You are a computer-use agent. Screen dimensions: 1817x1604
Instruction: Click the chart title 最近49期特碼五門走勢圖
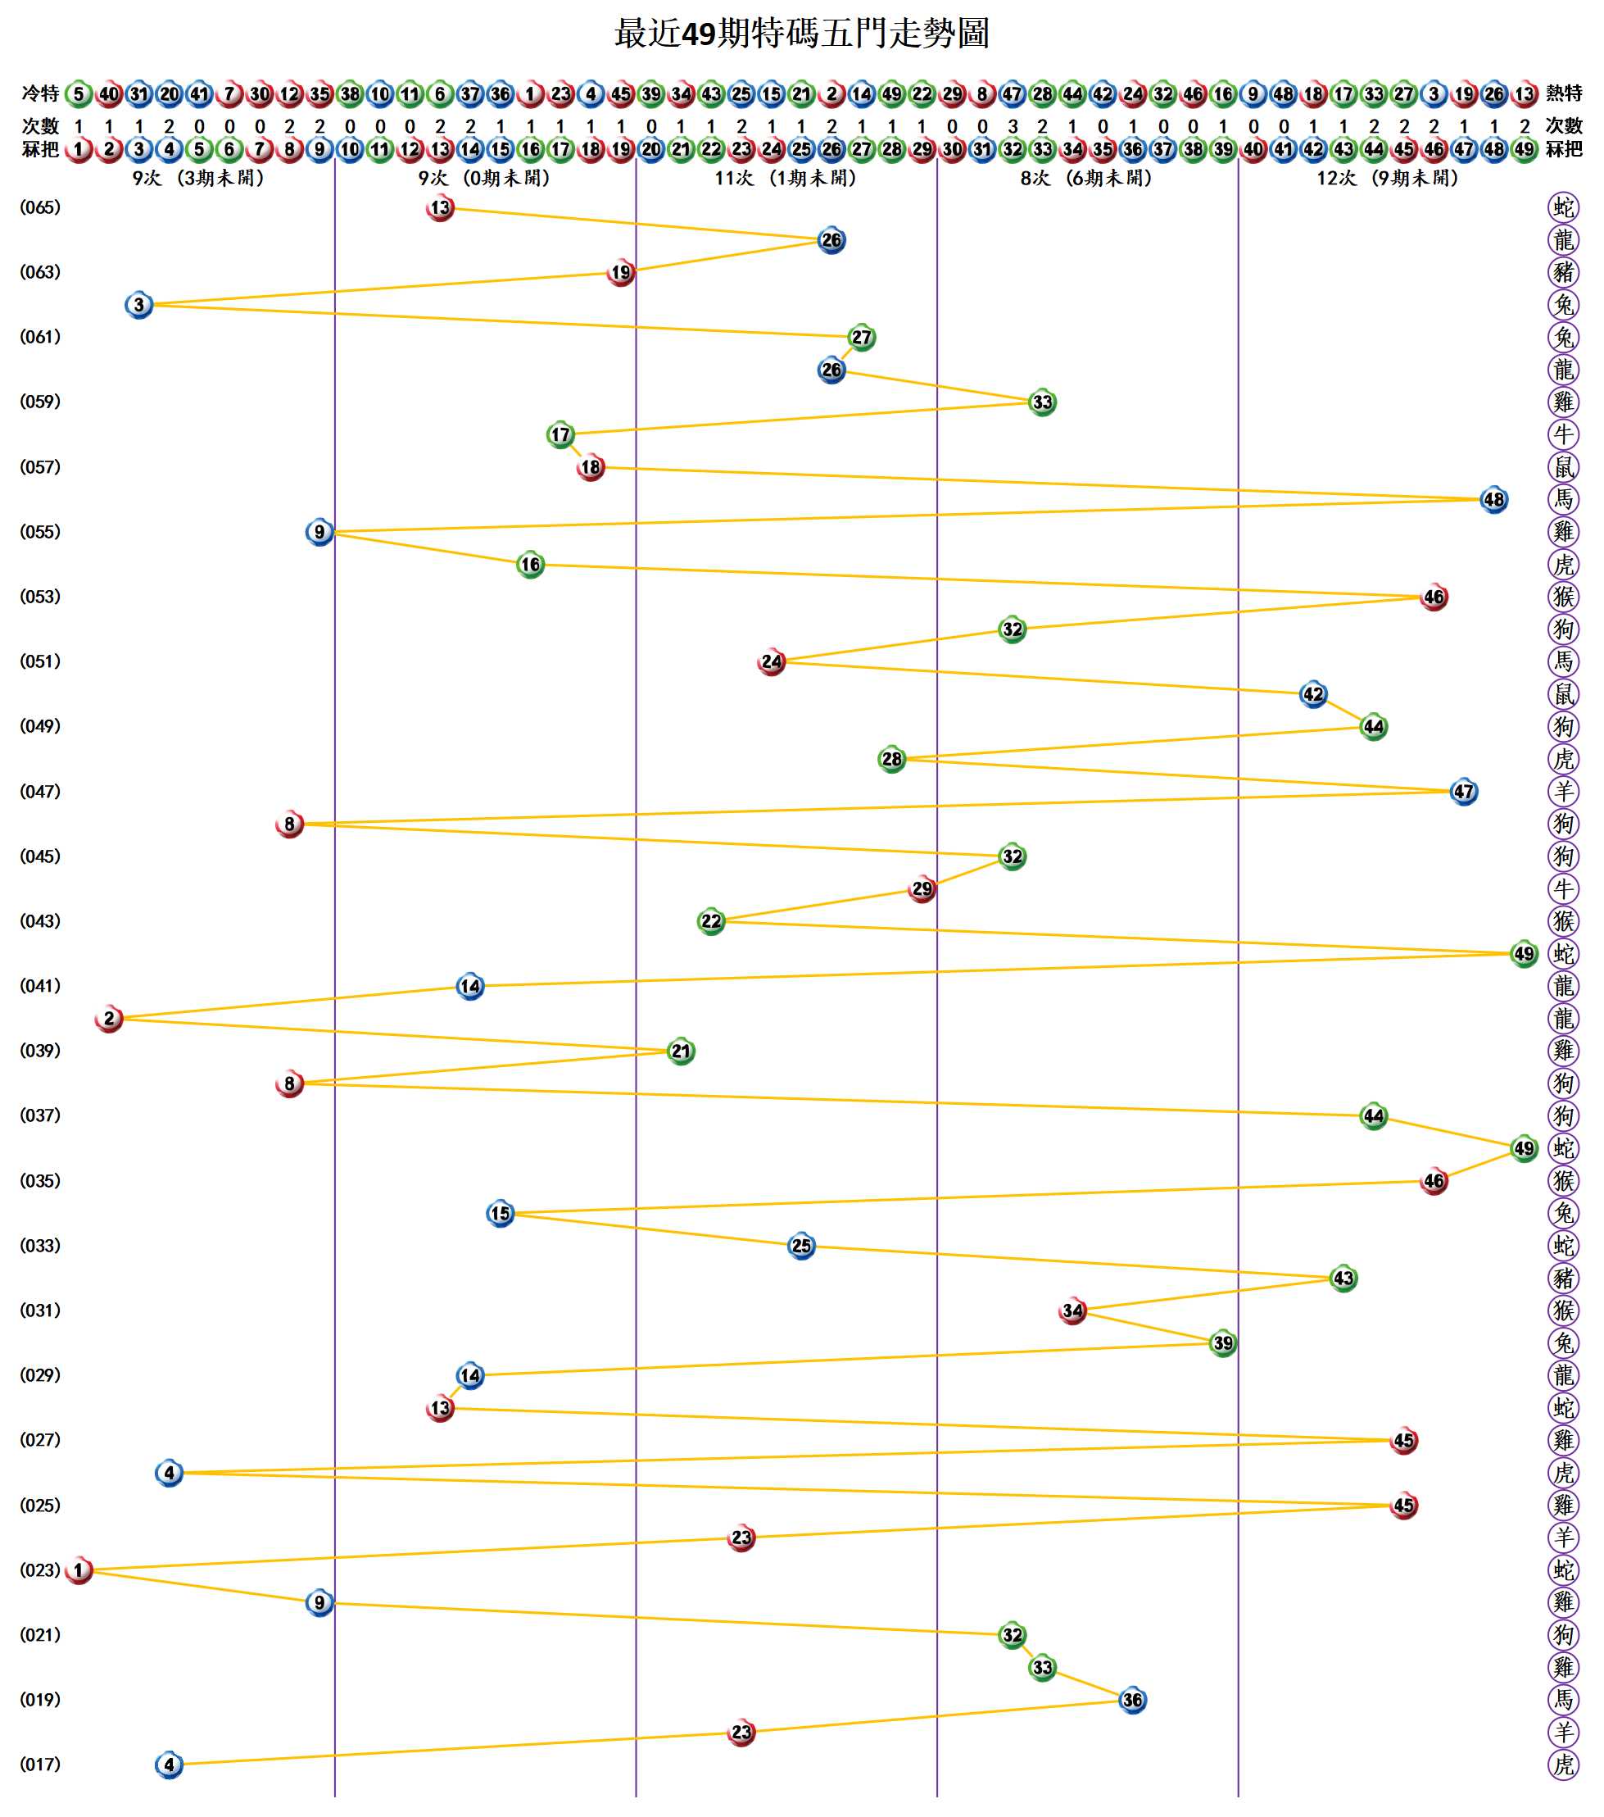tap(801, 34)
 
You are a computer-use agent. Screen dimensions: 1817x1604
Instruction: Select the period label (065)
tap(40, 207)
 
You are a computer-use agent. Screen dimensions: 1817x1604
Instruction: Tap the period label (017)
tap(40, 1765)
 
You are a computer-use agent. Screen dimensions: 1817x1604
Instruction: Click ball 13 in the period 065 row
tap(440, 208)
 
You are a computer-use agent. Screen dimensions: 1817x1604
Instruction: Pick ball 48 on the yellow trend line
tap(1493, 500)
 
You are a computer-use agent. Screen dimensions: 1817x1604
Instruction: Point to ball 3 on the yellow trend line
tap(138, 305)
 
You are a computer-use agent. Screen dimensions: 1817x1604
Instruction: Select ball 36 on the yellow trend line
tap(1132, 1701)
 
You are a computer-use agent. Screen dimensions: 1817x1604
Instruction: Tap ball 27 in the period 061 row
tap(861, 338)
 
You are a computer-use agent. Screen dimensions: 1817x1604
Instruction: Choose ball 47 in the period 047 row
tap(1464, 791)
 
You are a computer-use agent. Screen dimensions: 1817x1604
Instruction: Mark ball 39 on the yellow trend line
tap(1223, 1343)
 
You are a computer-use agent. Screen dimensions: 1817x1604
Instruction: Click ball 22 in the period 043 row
tap(711, 921)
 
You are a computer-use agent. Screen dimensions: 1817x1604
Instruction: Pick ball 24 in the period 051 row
tap(772, 661)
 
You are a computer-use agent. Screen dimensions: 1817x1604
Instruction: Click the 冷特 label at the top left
tap(40, 93)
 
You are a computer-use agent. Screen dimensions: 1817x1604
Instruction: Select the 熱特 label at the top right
tap(1564, 93)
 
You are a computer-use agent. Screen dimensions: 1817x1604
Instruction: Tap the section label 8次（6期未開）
tap(1086, 178)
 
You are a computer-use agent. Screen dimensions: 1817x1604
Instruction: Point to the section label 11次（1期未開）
tap(786, 178)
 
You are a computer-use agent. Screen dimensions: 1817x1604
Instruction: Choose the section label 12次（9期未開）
tap(1387, 178)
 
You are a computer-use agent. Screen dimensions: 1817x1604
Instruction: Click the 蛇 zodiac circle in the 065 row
tap(1563, 208)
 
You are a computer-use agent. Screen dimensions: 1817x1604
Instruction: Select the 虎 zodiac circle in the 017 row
tap(1563, 1765)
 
